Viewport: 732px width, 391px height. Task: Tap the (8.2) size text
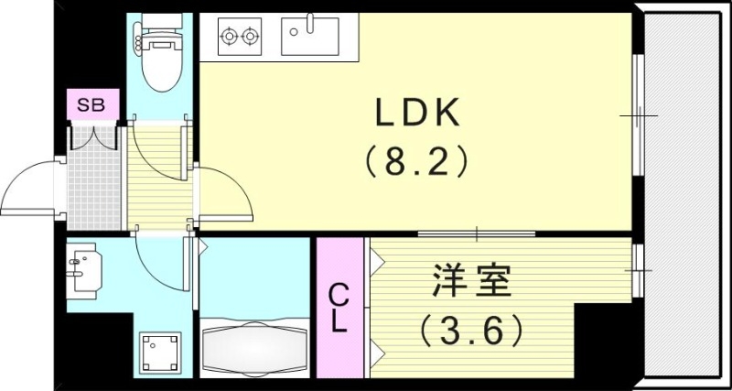[x=417, y=162]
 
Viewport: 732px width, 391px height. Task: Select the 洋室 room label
[x=470, y=281]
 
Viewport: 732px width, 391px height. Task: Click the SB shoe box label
[x=91, y=105]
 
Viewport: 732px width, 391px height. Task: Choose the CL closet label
[x=338, y=309]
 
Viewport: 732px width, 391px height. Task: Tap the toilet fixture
[x=161, y=55]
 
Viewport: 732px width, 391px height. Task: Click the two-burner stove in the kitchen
[x=240, y=38]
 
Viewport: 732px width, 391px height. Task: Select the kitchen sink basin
[x=309, y=38]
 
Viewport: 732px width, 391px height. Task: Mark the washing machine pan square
[x=160, y=352]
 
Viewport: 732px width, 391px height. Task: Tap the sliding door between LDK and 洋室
[x=476, y=235]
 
